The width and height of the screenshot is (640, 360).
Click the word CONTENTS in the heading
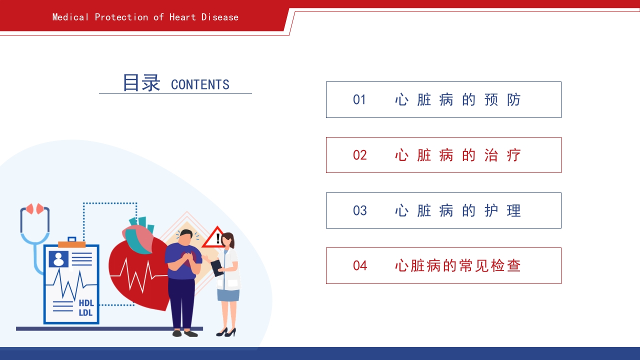click(x=200, y=84)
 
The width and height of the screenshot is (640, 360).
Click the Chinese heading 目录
click(x=141, y=82)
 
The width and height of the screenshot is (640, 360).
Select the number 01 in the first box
click(x=359, y=100)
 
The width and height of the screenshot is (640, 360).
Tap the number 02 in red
click(x=359, y=155)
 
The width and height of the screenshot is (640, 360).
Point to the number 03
click(x=359, y=210)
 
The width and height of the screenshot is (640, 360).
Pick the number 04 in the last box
click(x=359, y=266)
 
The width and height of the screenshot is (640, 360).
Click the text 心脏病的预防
click(x=457, y=100)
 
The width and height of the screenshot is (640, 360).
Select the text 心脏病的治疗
click(x=457, y=155)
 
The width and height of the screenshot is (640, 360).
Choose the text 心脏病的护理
click(x=457, y=210)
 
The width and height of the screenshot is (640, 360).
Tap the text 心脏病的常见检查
click(x=457, y=266)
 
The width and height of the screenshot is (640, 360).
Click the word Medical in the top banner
click(x=70, y=17)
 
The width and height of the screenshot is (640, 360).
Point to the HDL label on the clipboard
click(x=86, y=303)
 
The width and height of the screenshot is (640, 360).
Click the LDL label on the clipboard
click(x=86, y=313)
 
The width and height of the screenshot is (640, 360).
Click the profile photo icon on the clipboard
click(x=58, y=259)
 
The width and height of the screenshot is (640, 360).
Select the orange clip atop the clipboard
click(x=71, y=244)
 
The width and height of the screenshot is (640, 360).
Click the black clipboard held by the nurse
click(x=217, y=268)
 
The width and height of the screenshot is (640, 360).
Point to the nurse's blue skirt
click(x=228, y=294)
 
